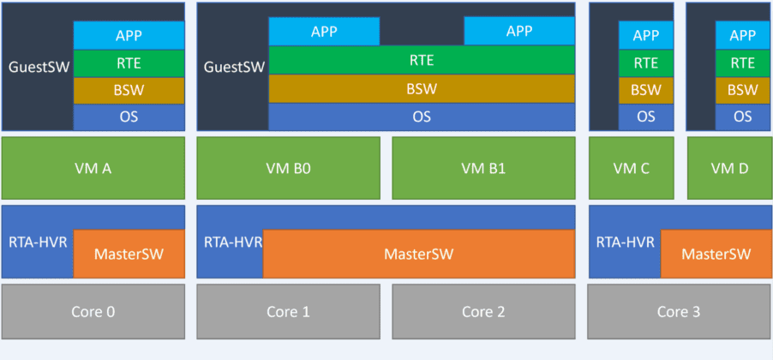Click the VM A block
tap(93, 168)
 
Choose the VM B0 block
tap(288, 168)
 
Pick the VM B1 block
tap(483, 168)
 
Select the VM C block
tap(632, 168)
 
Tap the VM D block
tap(729, 168)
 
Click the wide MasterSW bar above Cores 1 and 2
tap(418, 254)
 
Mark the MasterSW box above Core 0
tap(129, 254)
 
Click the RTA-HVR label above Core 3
tap(626, 242)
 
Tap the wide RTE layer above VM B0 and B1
tap(421, 60)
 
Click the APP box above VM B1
tap(518, 31)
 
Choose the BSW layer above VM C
tap(646, 90)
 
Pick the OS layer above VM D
tap(743, 117)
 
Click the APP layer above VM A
tap(129, 35)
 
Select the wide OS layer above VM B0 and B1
tap(421, 117)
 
